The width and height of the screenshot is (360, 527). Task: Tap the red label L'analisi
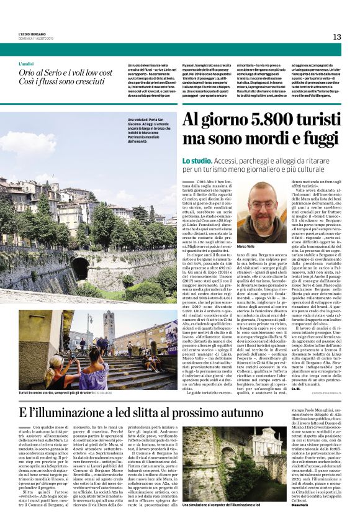coord(26,64)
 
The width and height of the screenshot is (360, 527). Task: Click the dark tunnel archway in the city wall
coord(79,268)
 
